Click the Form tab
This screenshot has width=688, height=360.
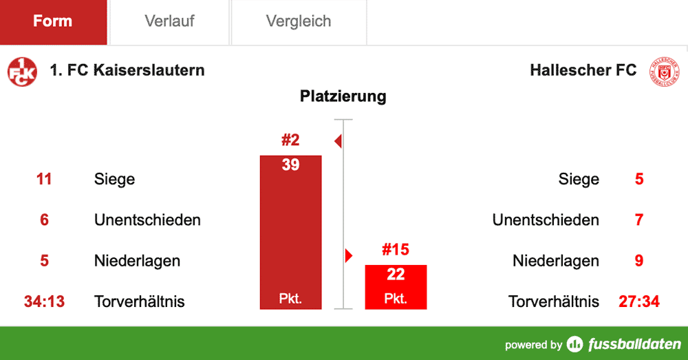pos(53,21)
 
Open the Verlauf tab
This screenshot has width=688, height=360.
pos(169,21)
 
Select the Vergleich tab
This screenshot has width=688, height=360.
pos(299,21)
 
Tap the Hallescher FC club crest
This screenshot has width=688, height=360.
pos(665,72)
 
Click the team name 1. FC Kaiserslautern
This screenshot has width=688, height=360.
pos(127,70)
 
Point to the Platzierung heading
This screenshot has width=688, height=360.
pos(343,96)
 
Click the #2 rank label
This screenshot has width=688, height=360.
pos(290,140)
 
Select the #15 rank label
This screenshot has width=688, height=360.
pos(396,249)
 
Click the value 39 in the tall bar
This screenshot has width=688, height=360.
pos(290,165)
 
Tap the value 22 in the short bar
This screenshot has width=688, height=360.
pos(396,275)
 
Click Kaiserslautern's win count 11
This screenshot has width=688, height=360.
pos(44,180)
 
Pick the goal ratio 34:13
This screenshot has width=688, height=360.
pos(44,301)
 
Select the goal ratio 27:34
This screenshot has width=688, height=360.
pos(639,301)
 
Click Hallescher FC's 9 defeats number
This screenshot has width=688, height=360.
pos(639,261)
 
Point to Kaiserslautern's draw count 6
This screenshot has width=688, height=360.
pos(44,220)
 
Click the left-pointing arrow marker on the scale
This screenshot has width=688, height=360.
pos(338,142)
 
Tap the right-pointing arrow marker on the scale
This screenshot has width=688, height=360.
pos(348,256)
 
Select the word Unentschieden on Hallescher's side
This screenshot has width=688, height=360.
pos(546,220)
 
